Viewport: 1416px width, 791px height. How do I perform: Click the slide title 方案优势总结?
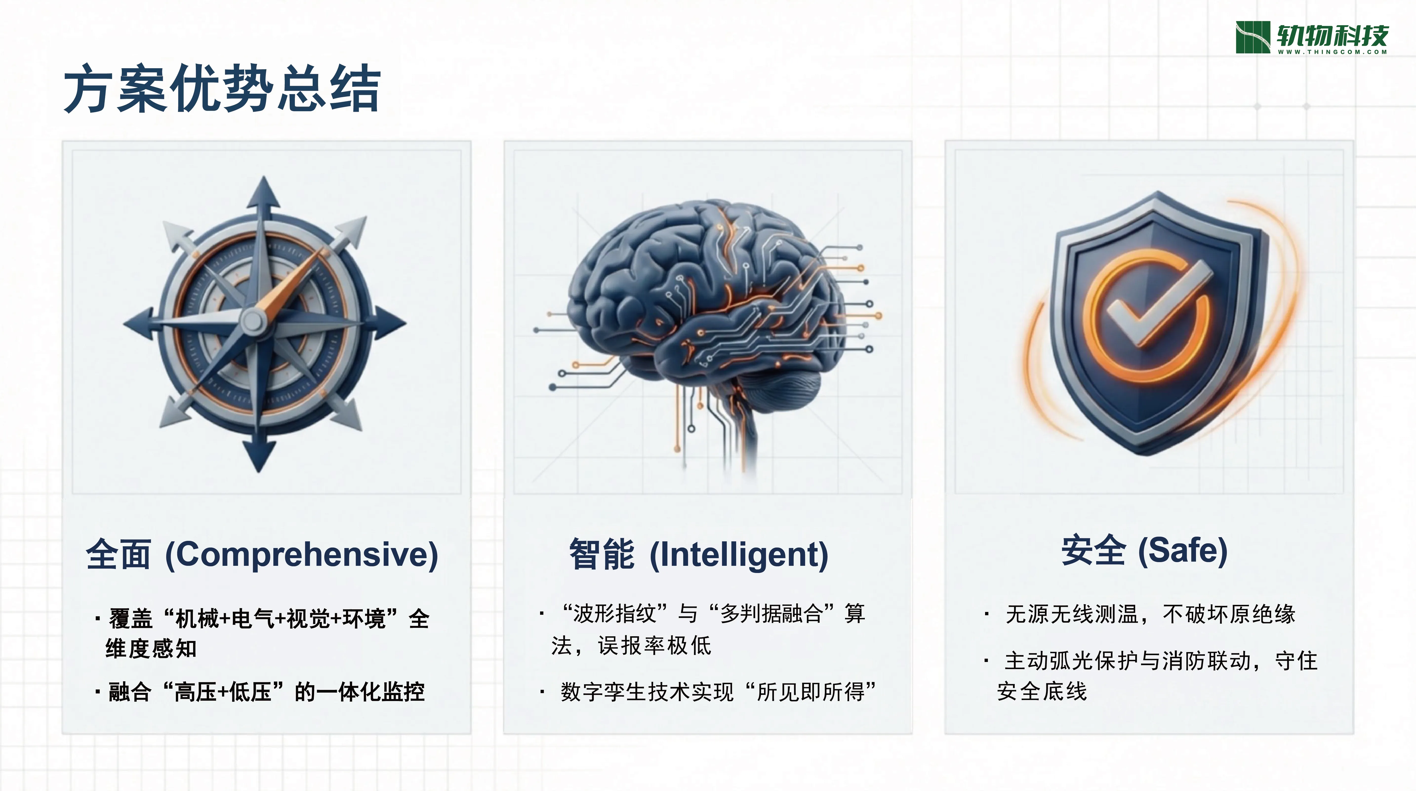tap(222, 88)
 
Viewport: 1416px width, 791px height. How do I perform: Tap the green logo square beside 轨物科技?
tap(1253, 37)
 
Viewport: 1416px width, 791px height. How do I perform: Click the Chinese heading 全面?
tap(118, 554)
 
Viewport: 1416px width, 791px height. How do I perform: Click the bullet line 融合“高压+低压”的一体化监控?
tap(267, 691)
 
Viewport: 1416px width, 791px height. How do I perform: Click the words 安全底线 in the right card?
tap(1042, 691)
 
